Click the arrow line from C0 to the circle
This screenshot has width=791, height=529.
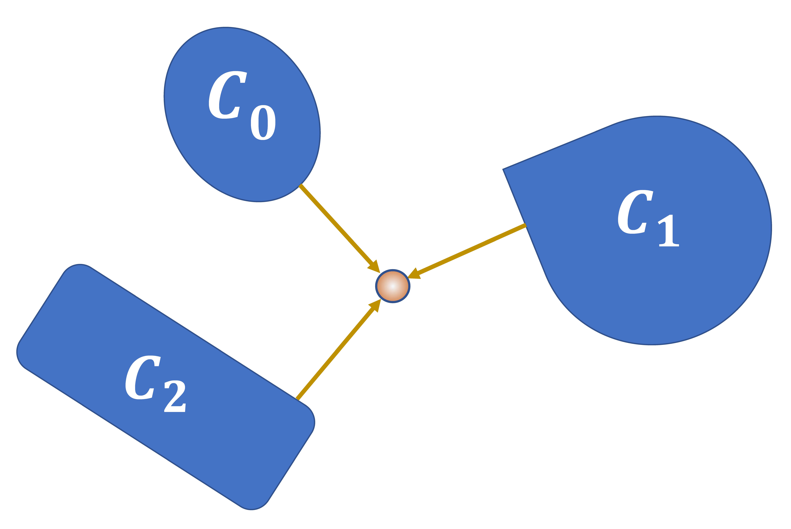tap(336, 224)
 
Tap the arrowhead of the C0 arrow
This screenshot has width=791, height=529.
tap(375, 267)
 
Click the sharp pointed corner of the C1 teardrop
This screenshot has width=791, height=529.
tap(503, 169)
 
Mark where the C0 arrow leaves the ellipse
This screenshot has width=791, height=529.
tap(300, 185)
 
